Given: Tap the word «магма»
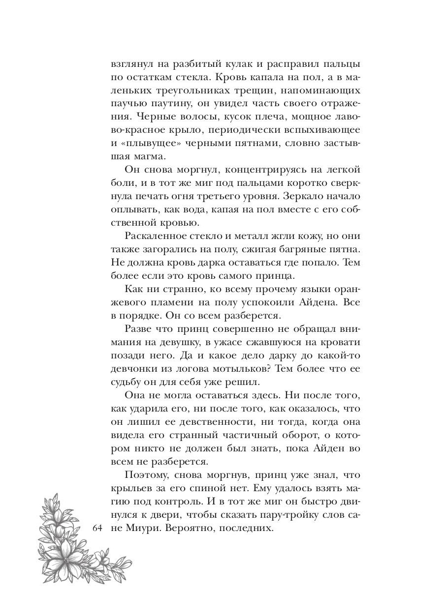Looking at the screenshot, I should click(157, 157).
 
